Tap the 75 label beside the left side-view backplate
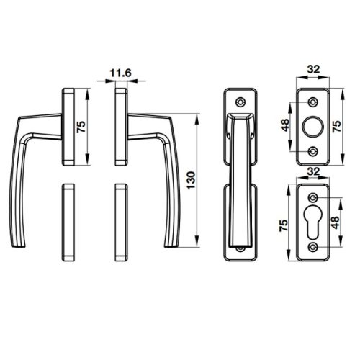coord(81,127)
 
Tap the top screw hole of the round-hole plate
coord(313,97)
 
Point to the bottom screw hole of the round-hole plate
coord(313,151)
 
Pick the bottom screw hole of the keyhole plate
coord(314,248)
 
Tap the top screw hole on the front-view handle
coord(239,100)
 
